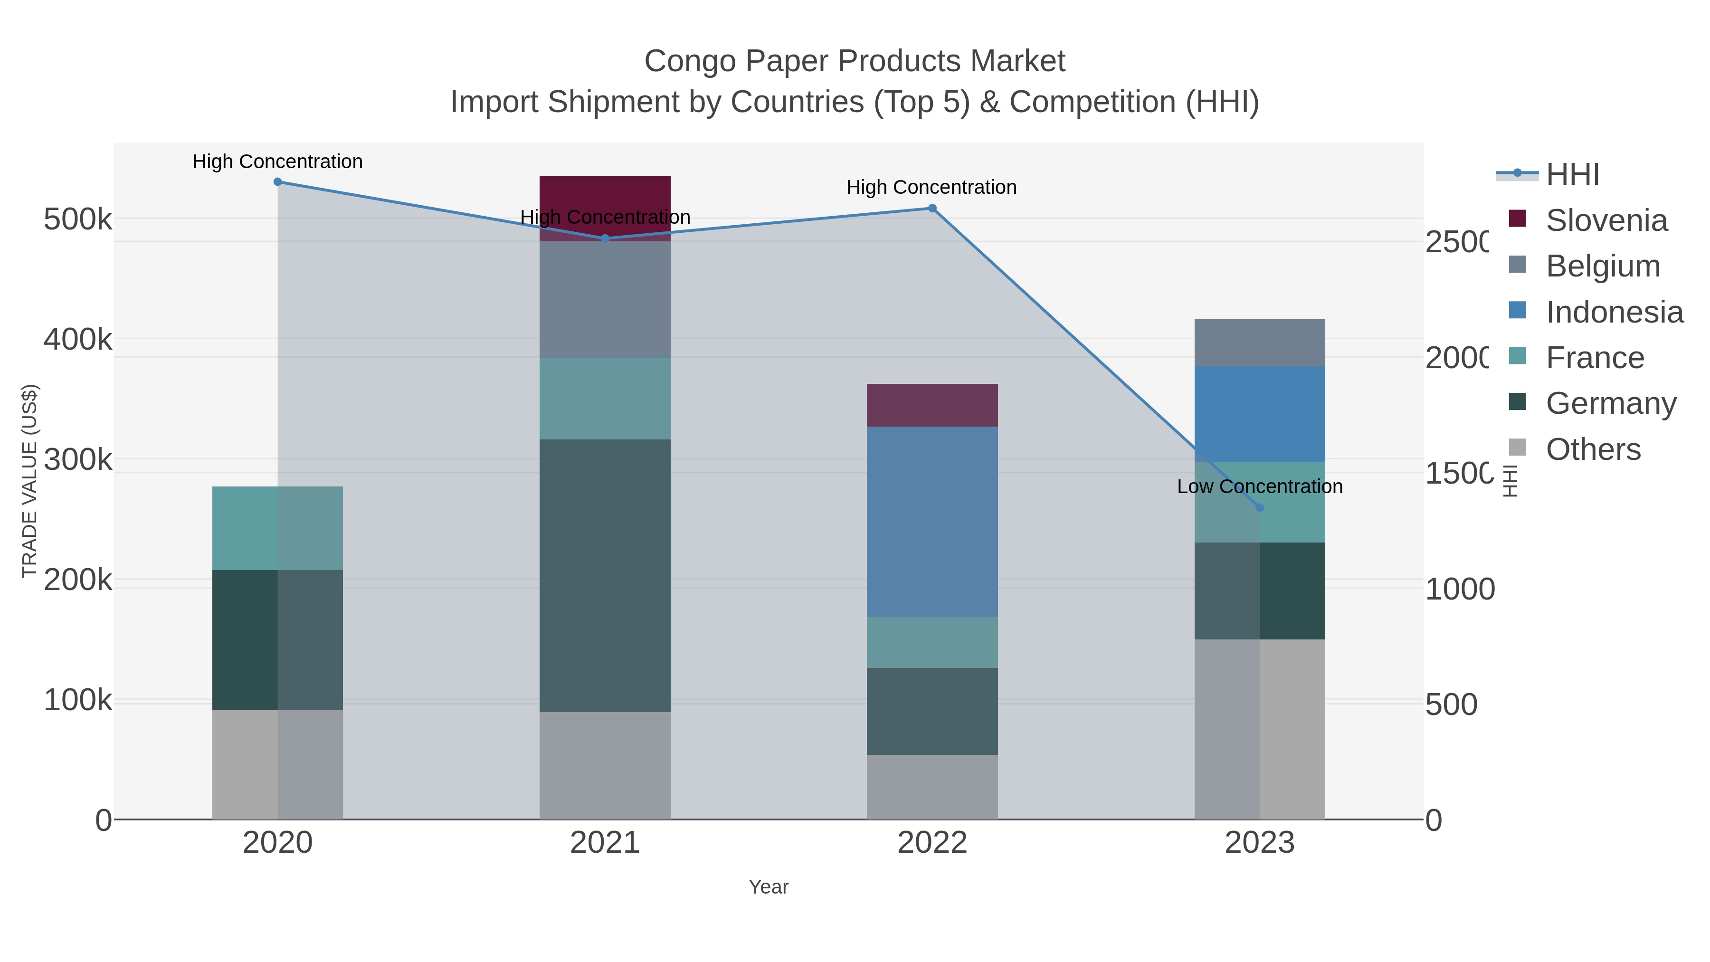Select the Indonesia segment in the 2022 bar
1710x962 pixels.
pyautogui.click(x=932, y=521)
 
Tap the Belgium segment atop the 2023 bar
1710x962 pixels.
pyautogui.click(x=1259, y=343)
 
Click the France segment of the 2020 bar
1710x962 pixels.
pyautogui.click(x=277, y=528)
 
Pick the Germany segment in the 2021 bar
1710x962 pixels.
pyautogui.click(x=605, y=575)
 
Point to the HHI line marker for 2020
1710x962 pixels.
pyautogui.click(x=277, y=182)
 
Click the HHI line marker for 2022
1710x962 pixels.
pyautogui.click(x=932, y=209)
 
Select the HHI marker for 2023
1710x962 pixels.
pyautogui.click(x=1260, y=508)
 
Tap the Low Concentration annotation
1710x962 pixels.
pyautogui.click(x=1259, y=486)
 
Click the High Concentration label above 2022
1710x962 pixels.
pyautogui.click(x=931, y=187)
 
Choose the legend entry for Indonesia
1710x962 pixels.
pyautogui.click(x=1614, y=312)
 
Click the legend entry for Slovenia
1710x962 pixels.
pyautogui.click(x=1606, y=220)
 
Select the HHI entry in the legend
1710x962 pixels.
pyautogui.click(x=1572, y=175)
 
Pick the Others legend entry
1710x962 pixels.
pyautogui.click(x=1593, y=449)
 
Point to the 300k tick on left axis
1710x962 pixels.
pyautogui.click(x=78, y=459)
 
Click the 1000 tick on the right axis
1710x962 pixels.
pyautogui.click(x=1459, y=590)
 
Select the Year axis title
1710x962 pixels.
pyautogui.click(x=768, y=887)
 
